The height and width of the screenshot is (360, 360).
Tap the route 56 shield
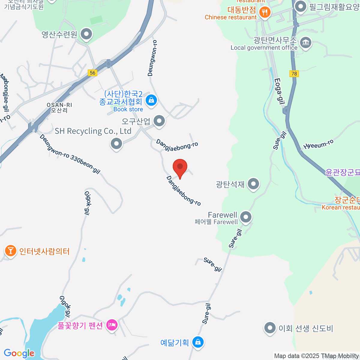pyautogui.click(x=92, y=73)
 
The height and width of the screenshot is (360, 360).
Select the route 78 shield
pyautogui.click(x=294, y=73)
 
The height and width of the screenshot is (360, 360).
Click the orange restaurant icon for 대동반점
pyautogui.click(x=264, y=13)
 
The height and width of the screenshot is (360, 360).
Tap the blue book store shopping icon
pyautogui.click(x=151, y=100)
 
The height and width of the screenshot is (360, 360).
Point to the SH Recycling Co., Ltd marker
pyautogui.click(x=116, y=144)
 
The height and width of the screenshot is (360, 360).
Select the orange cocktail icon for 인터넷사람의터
pyautogui.click(x=10, y=250)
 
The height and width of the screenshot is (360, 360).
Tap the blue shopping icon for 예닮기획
pyautogui.click(x=198, y=342)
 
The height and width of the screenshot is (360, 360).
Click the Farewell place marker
pyautogui.click(x=246, y=217)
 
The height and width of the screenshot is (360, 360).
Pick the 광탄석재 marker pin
pyautogui.click(x=253, y=184)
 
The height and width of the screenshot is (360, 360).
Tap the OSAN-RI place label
pyautogui.click(x=59, y=105)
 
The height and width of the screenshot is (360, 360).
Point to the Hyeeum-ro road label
pyautogui.click(x=318, y=145)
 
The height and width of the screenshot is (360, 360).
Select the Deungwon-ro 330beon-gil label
pyautogui.click(x=70, y=154)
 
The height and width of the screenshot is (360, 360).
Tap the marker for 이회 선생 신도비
pyautogui.click(x=270, y=328)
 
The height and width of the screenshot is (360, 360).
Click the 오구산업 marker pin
pyautogui.click(x=159, y=121)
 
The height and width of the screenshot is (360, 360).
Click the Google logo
pyautogui.click(x=19, y=353)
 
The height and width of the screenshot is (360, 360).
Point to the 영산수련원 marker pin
pyautogui.click(x=87, y=34)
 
